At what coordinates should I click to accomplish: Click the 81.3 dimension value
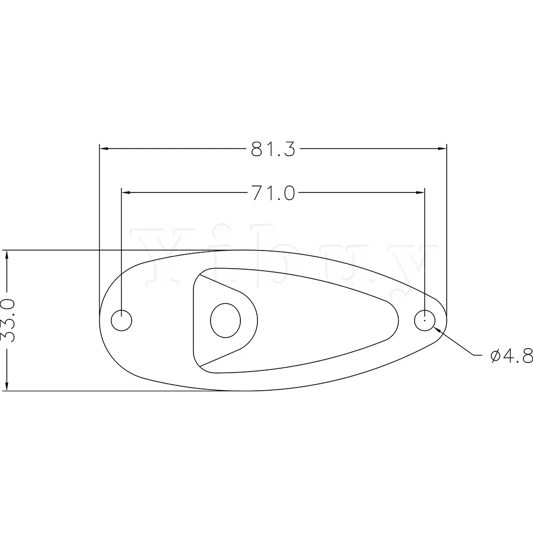tap(273, 149)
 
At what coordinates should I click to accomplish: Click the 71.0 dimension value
tap(273, 192)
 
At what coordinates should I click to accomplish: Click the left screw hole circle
tap(122, 320)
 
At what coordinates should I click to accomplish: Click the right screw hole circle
tap(424, 320)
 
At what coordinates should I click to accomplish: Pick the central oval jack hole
tap(226, 320)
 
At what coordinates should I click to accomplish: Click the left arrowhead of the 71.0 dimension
tap(127, 192)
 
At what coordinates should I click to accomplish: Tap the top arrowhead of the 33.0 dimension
tap(7, 256)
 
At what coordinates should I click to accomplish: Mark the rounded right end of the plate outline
tap(446, 320)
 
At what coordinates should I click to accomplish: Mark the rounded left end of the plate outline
tap(101, 320)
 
